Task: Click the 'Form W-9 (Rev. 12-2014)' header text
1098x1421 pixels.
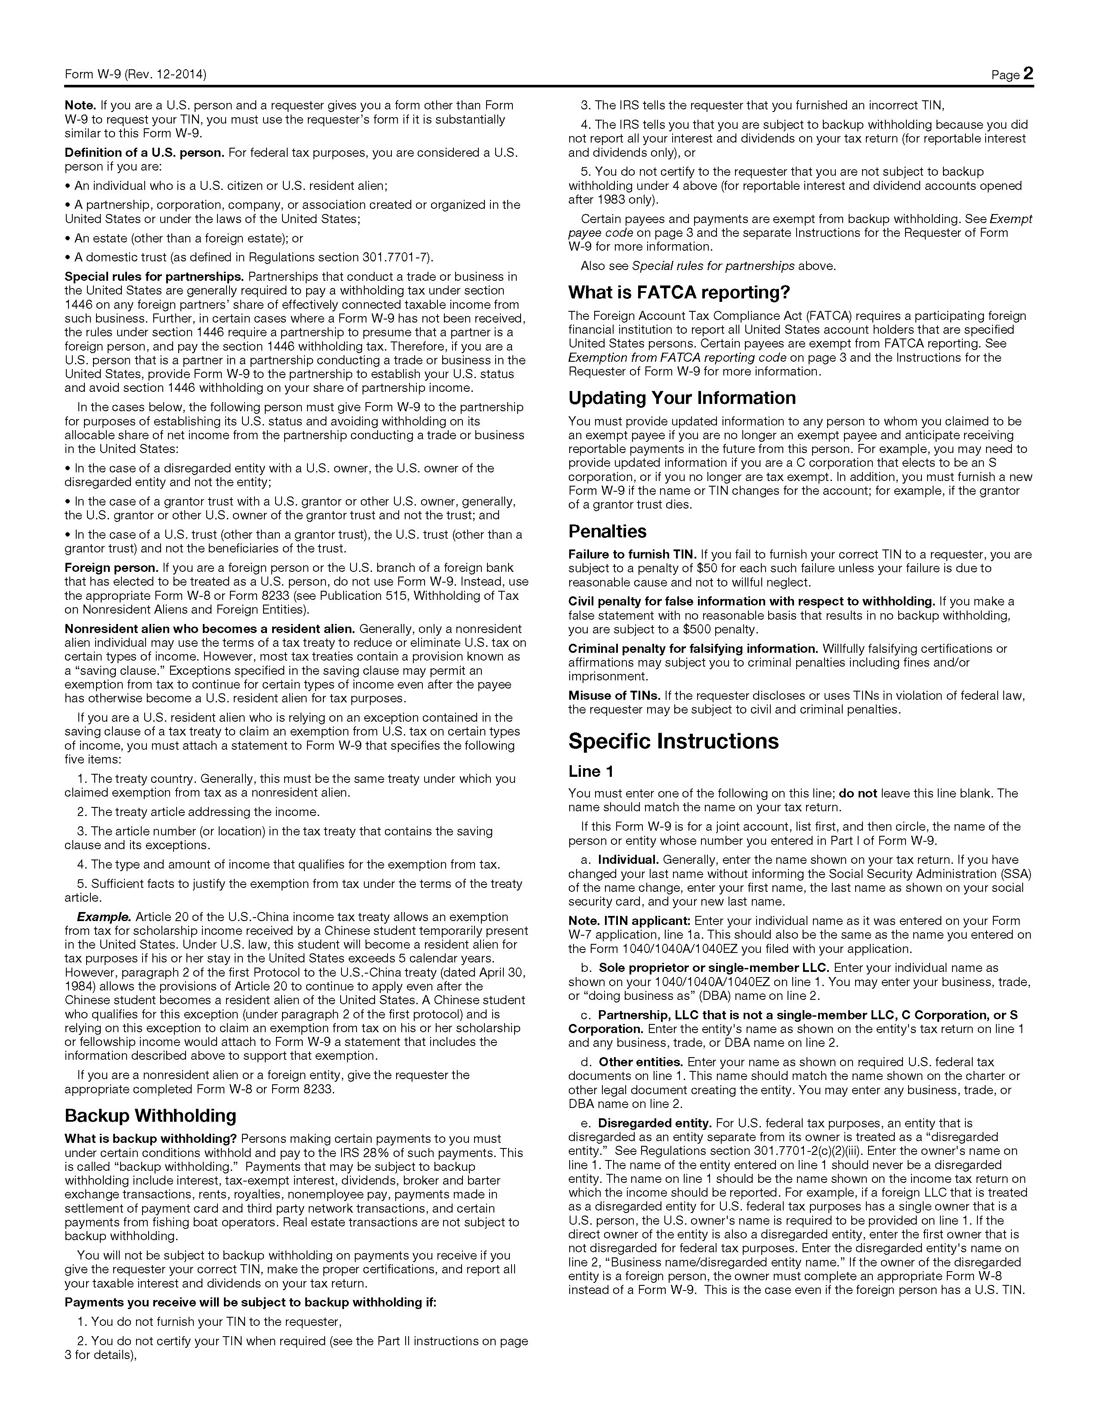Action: (x=135, y=75)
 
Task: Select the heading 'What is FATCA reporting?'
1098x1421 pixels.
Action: (x=679, y=293)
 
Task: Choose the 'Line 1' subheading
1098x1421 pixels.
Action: (x=591, y=772)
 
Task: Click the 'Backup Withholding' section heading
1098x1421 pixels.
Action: (x=150, y=1116)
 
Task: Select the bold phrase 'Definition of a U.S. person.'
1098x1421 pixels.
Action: (x=144, y=153)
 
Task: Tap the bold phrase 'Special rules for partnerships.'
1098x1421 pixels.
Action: (x=154, y=276)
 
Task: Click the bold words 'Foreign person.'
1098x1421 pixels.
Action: (x=111, y=568)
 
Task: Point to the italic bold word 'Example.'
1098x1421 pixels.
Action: (x=104, y=917)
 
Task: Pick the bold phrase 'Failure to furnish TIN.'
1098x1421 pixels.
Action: (x=632, y=554)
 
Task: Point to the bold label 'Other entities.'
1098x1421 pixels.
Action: (x=640, y=1062)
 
